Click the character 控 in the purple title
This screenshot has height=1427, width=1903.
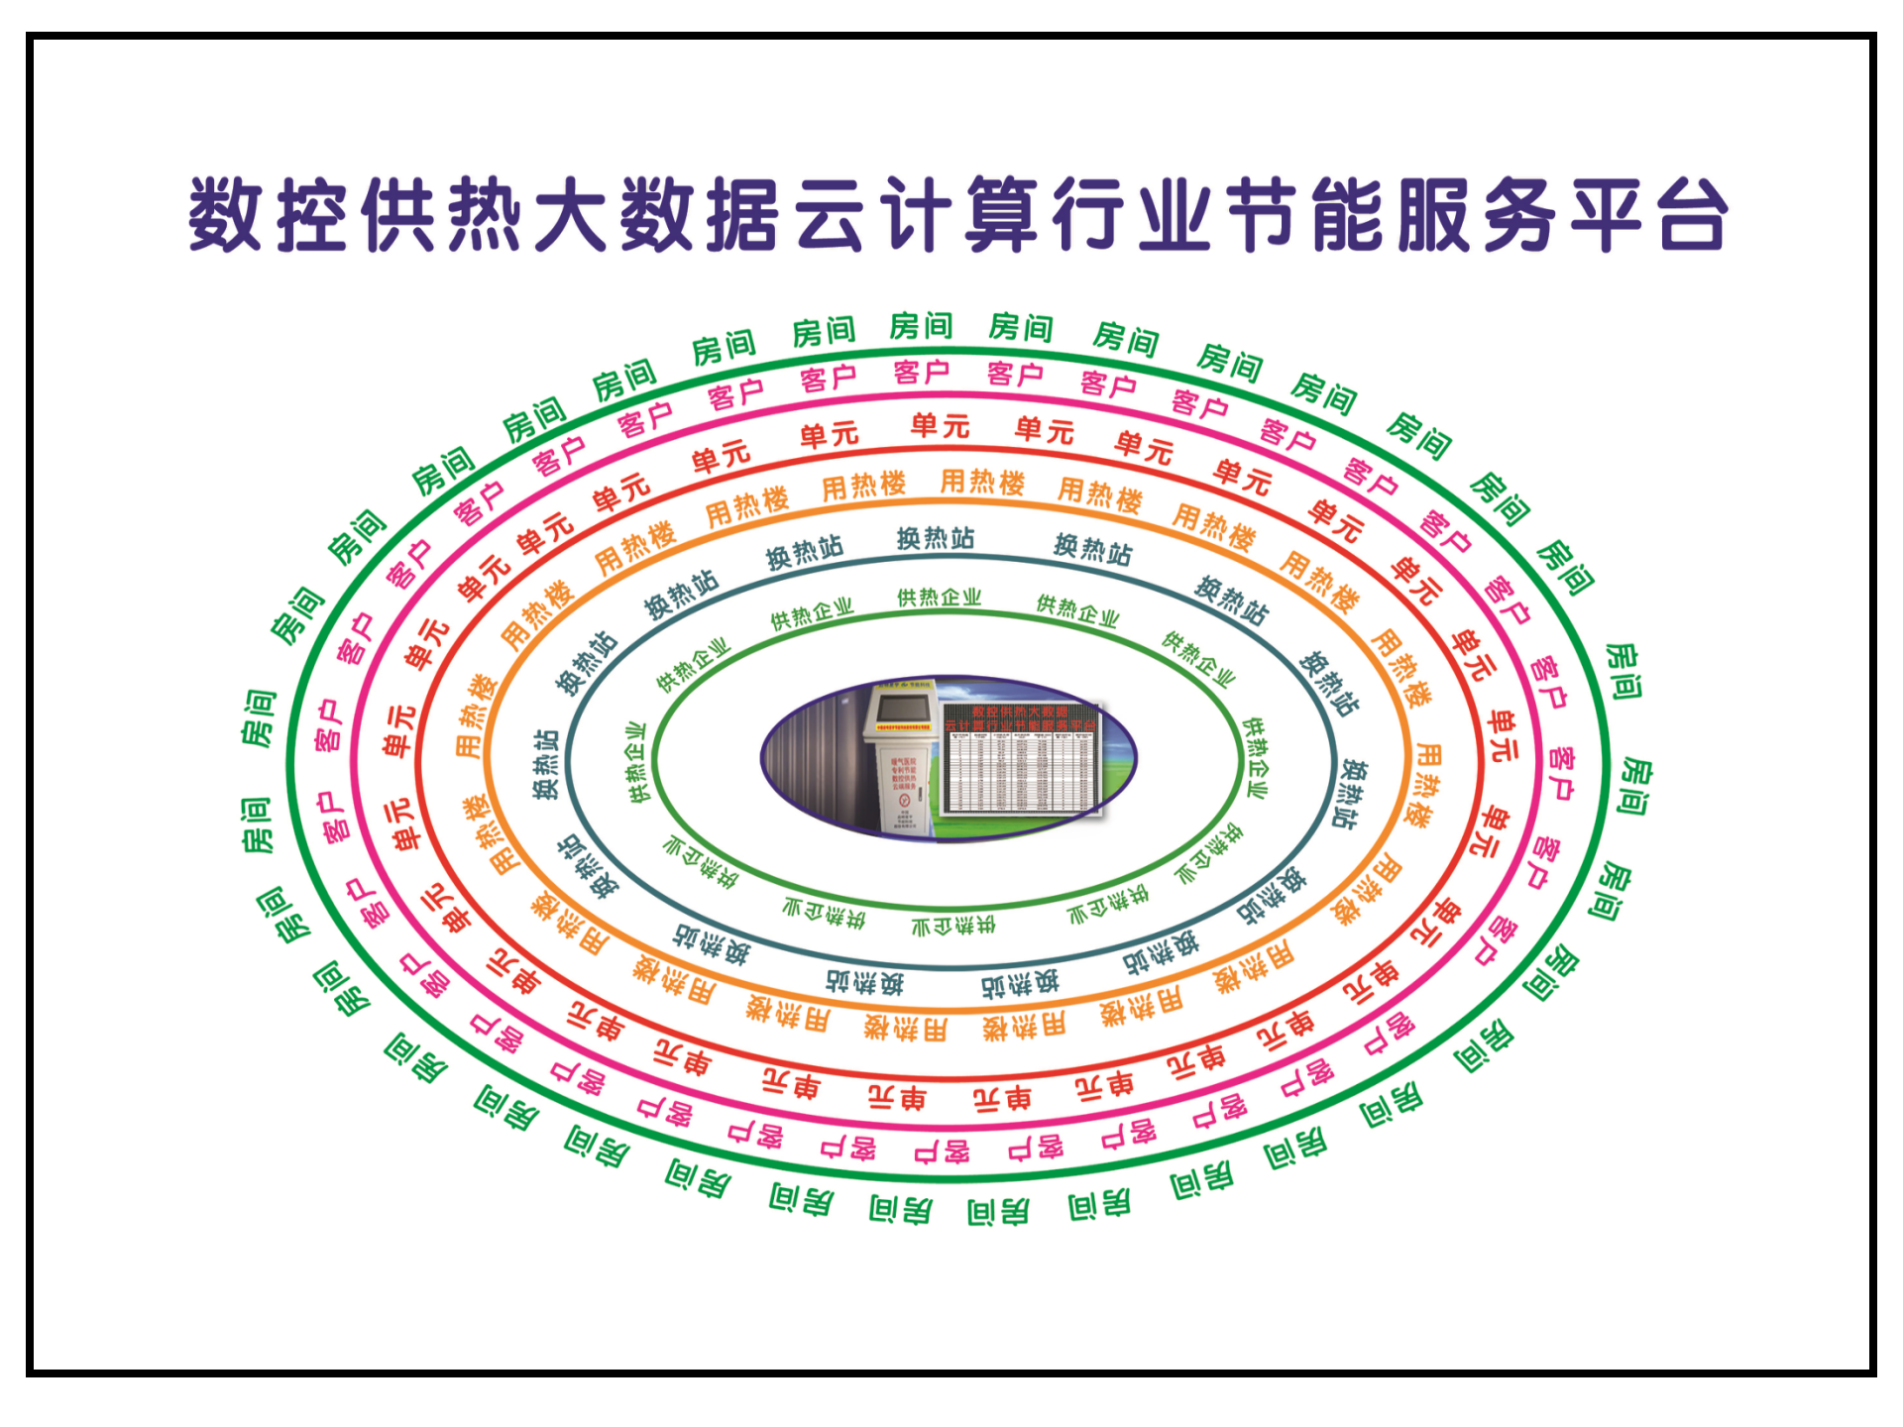[x=312, y=215]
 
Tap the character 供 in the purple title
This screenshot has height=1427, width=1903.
[x=398, y=215]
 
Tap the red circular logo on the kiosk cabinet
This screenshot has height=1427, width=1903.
[x=904, y=799]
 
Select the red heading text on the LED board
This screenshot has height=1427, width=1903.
[x=1021, y=718]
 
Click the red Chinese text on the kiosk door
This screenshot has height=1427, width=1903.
[x=903, y=771]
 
